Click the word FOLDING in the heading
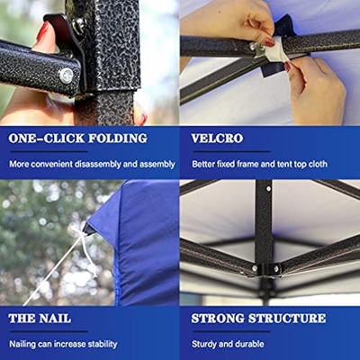[118, 139]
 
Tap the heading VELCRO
[217, 139]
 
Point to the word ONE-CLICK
[47, 139]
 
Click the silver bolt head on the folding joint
[67, 76]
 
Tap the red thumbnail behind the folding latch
[42, 31]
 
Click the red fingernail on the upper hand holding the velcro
[269, 42]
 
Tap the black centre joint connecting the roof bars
[269, 269]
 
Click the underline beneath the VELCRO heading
[231, 151]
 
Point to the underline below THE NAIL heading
[49, 331]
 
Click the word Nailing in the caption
[22, 344]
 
